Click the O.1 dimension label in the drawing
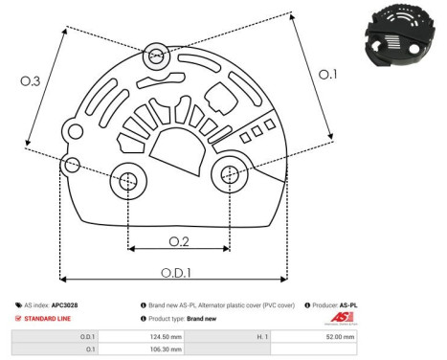click(x=328, y=74)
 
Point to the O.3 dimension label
click(x=31, y=83)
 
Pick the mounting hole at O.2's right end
click(x=230, y=174)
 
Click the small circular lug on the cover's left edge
click(x=69, y=166)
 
